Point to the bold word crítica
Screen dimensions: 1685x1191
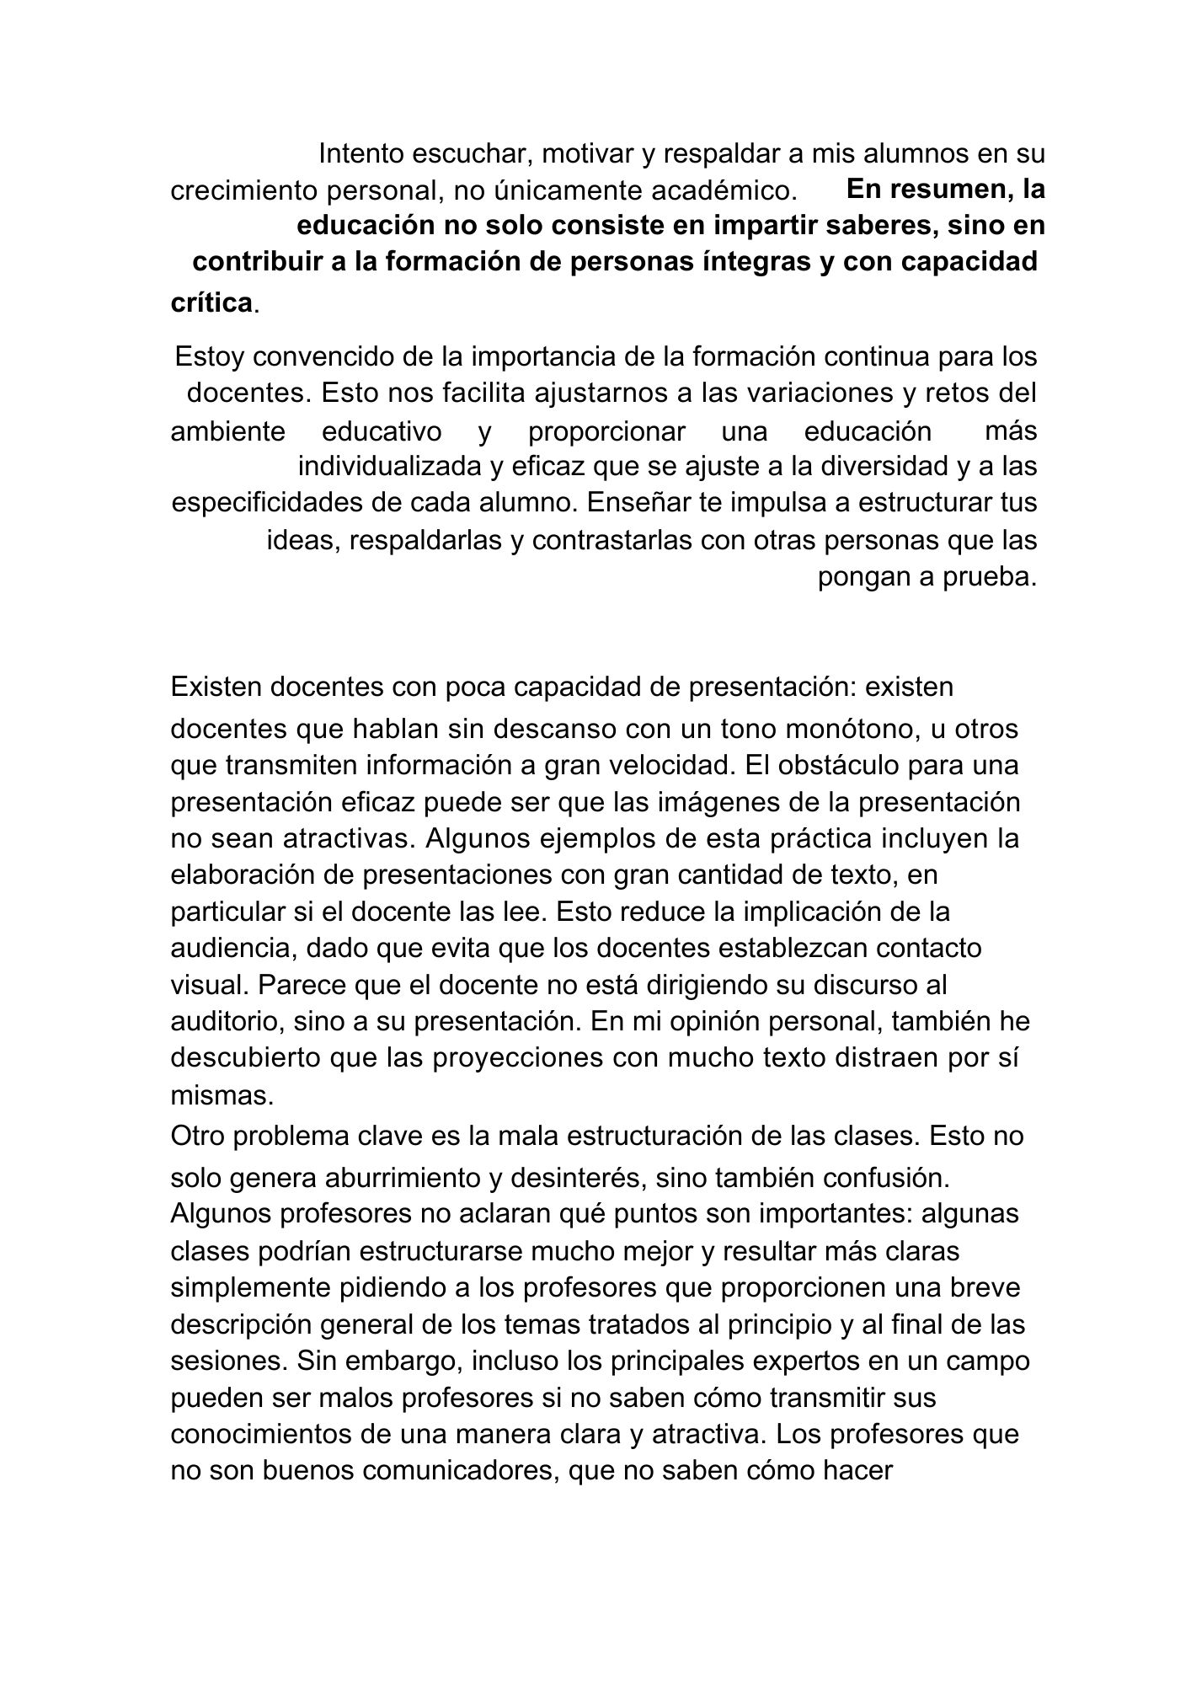coord(211,302)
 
